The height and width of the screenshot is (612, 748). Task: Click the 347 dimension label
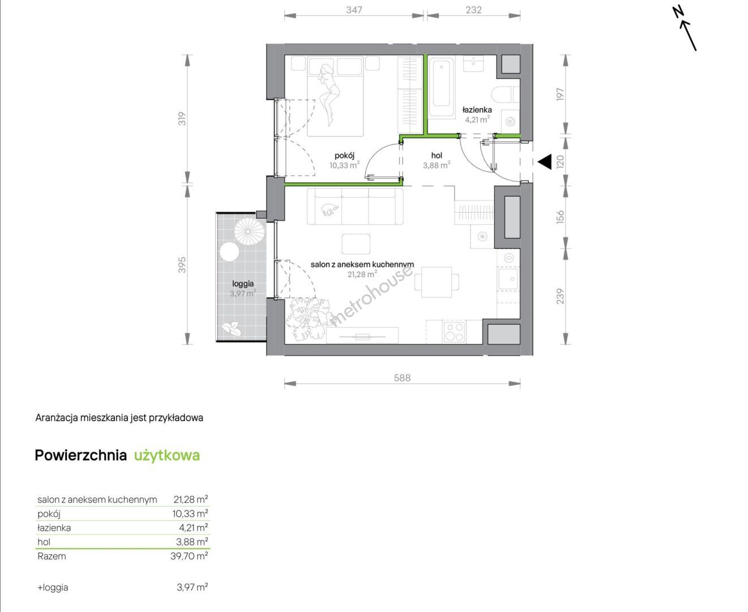click(x=354, y=10)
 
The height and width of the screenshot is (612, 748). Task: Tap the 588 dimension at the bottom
click(x=402, y=378)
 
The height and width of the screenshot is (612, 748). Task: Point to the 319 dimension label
click(x=182, y=118)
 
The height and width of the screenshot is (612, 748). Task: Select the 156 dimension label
click(x=560, y=216)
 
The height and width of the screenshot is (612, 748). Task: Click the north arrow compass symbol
click(x=685, y=29)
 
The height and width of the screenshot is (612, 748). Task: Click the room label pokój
click(x=344, y=155)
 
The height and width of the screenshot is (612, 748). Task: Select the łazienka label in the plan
click(x=477, y=110)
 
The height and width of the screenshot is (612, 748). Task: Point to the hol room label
click(x=437, y=155)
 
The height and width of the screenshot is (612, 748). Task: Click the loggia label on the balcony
click(x=243, y=284)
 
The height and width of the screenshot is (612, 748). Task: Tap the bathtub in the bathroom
click(x=442, y=87)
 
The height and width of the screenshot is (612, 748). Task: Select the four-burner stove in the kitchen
click(x=454, y=331)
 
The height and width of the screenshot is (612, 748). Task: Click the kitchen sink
click(x=508, y=279)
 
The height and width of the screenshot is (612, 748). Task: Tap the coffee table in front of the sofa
click(x=356, y=244)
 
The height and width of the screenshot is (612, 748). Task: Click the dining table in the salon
click(x=437, y=282)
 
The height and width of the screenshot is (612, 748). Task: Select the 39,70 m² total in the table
click(x=189, y=556)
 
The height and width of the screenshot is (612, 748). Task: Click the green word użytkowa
click(x=166, y=456)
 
